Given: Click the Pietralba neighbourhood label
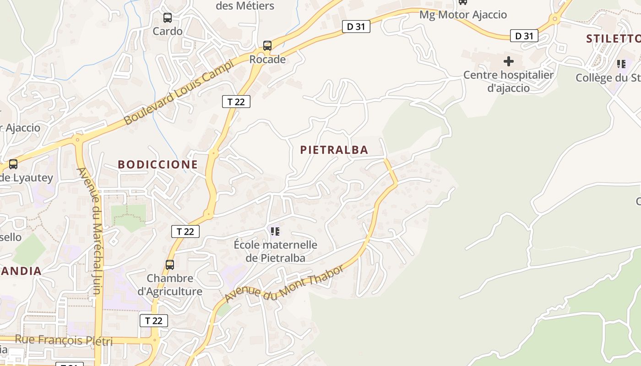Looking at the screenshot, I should click(334, 150).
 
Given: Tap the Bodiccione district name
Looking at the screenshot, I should click(158, 164).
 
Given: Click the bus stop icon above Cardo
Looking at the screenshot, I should click(168, 18).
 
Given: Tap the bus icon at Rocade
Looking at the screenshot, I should click(267, 46).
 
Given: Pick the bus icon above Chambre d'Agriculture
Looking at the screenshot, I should click(170, 264).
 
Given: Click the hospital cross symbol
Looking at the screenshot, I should click(509, 61).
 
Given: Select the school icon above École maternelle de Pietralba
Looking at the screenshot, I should click(275, 231).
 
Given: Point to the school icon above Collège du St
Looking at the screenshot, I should click(621, 64).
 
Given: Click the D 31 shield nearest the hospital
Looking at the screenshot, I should click(524, 36).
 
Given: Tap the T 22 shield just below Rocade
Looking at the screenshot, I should click(236, 102).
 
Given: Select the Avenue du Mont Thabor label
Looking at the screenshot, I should click(283, 284).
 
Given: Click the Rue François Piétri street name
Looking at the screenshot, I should click(64, 340).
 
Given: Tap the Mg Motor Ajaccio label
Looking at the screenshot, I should click(463, 15).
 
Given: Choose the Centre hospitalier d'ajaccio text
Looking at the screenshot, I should click(509, 81).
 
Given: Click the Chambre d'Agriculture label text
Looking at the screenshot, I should click(170, 285).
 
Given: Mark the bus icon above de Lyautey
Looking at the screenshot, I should click(13, 164).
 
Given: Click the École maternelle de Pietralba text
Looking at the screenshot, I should click(276, 251).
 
